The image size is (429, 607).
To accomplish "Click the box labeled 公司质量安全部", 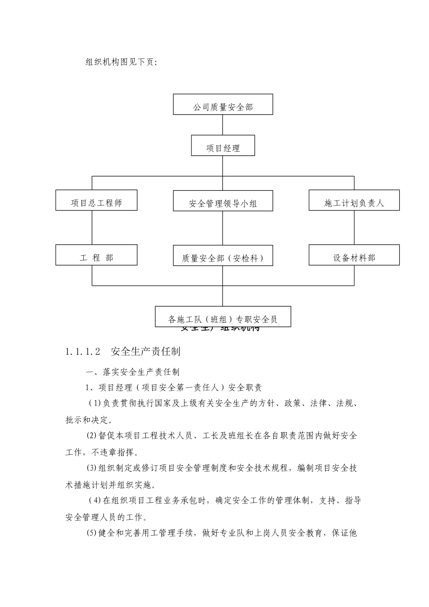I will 223,104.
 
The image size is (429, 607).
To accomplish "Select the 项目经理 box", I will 223,145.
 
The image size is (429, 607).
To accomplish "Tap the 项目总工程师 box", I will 96,200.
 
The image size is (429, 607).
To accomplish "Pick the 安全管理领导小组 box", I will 223,201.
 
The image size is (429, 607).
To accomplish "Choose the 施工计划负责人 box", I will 354,200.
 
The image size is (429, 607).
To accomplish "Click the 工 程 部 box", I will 96,255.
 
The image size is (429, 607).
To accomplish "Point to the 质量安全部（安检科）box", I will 223,255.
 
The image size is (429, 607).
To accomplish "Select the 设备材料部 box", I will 354,255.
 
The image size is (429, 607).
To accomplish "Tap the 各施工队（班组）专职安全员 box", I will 223,317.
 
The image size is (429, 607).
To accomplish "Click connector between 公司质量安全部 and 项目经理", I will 223,125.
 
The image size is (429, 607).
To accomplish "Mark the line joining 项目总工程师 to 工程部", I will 92,228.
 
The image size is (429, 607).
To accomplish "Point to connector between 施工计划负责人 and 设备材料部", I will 354,228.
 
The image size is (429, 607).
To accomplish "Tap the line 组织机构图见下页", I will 121,62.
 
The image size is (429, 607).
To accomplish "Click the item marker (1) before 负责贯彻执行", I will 95,403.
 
